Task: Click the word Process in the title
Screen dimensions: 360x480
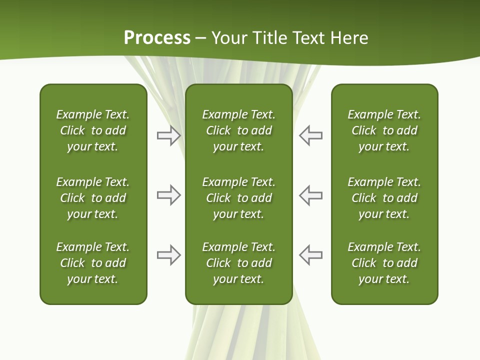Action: [157, 38]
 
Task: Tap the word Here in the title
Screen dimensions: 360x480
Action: [349, 38]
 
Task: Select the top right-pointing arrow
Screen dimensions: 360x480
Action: [168, 136]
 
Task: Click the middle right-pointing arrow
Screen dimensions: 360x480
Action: [168, 195]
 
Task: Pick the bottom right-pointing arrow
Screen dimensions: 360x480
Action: [168, 255]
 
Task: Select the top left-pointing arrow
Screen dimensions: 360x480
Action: [311, 136]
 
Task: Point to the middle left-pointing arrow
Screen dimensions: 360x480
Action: [311, 195]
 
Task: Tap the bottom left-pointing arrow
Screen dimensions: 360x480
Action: [311, 255]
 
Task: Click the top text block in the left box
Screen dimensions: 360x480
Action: [93, 130]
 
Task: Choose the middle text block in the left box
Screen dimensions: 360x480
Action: [93, 198]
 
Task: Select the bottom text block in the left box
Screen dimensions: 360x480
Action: [93, 263]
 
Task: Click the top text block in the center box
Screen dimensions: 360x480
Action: [238, 130]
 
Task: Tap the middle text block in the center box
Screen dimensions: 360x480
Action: [238, 198]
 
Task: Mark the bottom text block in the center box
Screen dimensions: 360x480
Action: [238, 263]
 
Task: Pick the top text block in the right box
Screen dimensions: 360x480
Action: [384, 130]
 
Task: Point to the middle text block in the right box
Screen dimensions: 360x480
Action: [384, 198]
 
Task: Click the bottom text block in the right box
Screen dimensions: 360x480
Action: [384, 263]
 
